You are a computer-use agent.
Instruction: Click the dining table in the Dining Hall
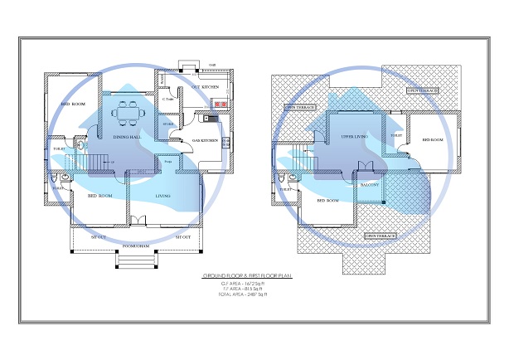click(x=128, y=109)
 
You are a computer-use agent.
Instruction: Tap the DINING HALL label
click(x=125, y=138)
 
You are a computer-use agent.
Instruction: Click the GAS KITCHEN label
click(x=204, y=141)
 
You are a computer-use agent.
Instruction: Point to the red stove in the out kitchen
click(x=220, y=105)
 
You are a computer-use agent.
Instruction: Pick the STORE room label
click(x=168, y=126)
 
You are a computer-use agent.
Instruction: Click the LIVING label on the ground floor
click(x=163, y=197)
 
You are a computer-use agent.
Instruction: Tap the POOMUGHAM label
click(x=136, y=246)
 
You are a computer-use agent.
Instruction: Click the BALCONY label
click(x=369, y=185)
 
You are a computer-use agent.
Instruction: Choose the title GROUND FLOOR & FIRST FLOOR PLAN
click(x=248, y=275)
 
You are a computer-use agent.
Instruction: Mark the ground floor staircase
click(x=99, y=158)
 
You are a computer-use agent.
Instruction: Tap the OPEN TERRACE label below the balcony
click(x=381, y=236)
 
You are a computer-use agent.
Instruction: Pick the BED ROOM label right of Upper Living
click(x=434, y=140)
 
